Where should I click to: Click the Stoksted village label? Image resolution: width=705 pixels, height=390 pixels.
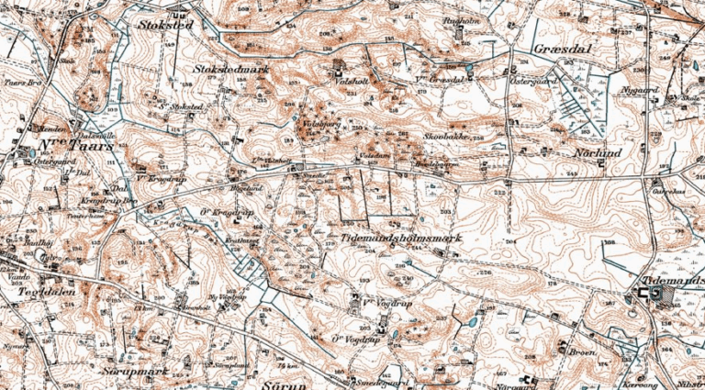[x=165, y=25]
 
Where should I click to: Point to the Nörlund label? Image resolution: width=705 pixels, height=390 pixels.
[x=597, y=152]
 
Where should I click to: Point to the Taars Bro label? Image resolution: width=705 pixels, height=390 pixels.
[x=18, y=82]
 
